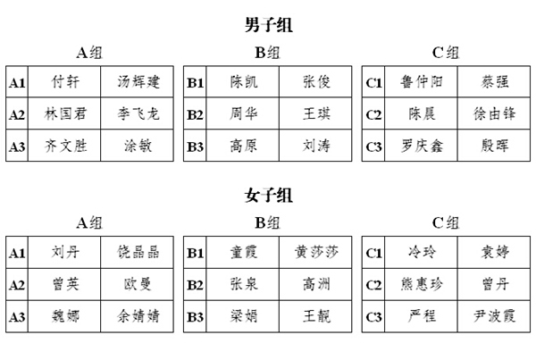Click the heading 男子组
coord(269,25)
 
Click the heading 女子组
coord(269,196)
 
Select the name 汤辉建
coord(138,81)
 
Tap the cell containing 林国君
coord(64,113)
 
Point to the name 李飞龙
coord(138,113)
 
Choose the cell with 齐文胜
coord(64,146)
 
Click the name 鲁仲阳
coord(422,81)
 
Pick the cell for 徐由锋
coord(494,113)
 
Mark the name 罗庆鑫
coord(422,146)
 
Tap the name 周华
coord(243,113)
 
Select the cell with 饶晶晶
coord(137,252)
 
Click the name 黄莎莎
coord(316,252)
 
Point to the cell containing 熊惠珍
coord(422,284)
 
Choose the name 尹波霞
coord(494,316)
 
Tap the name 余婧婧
coord(138,316)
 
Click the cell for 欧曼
coord(137,284)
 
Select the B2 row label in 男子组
coord(195,114)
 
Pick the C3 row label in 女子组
coord(373,317)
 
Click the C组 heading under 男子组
coord(446,53)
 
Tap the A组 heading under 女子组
coord(89,223)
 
